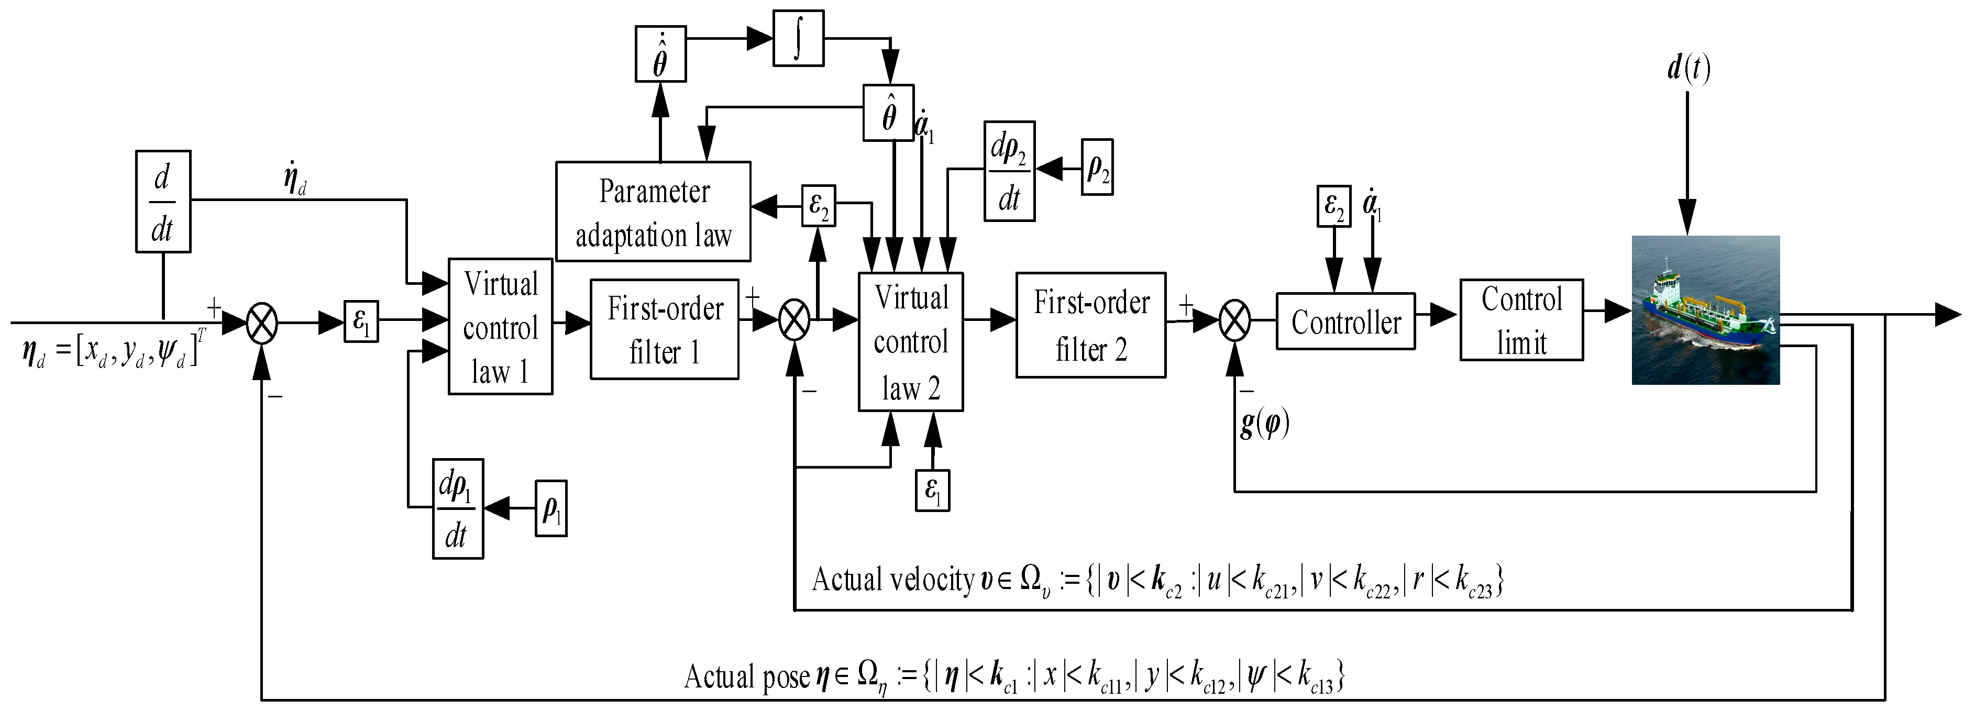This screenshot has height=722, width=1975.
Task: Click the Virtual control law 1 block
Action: click(500, 327)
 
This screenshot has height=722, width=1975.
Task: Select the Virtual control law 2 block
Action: click(910, 342)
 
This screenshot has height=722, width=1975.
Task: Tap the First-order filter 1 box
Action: click(664, 329)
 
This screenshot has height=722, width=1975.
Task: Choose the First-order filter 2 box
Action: click(1090, 325)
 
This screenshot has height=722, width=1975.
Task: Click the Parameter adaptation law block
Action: click(653, 212)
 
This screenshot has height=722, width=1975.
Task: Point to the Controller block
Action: click(1345, 322)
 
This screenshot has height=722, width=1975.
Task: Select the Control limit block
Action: click(1521, 320)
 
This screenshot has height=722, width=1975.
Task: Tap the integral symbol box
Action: click(798, 38)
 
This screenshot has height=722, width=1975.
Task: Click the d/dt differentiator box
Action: click(162, 202)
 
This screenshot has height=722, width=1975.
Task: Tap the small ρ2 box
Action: click(1097, 167)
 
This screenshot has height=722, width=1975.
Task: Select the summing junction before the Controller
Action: click(1234, 320)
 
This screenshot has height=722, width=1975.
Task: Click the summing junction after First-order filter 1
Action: click(795, 320)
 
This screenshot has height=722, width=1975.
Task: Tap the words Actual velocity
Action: click(892, 580)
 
